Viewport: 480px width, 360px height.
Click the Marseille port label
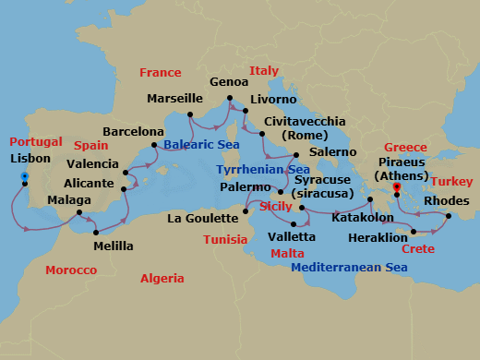[x=175, y=98]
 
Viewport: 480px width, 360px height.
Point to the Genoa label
[x=228, y=81]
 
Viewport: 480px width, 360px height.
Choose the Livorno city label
[x=273, y=99]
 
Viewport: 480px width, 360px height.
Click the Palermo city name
[x=245, y=187]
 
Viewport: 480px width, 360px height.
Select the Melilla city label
[x=114, y=246]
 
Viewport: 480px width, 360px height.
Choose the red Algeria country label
[x=162, y=278]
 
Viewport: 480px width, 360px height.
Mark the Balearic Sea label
[x=201, y=143]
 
